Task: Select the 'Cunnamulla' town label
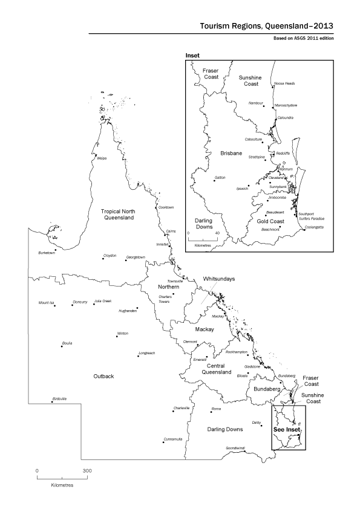(x=172, y=438)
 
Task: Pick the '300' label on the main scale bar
(x=87, y=470)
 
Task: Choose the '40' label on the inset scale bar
(x=217, y=232)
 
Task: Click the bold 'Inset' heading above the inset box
(x=192, y=55)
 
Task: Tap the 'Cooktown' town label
(x=166, y=207)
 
